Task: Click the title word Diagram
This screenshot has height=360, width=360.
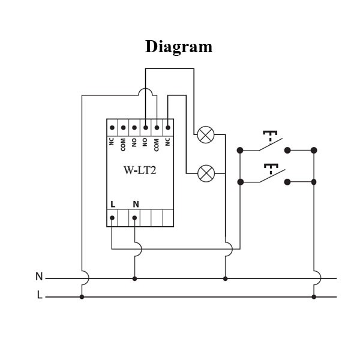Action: (x=179, y=47)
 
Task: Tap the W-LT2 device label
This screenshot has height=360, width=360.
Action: (x=140, y=170)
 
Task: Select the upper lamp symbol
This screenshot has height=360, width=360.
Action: (x=206, y=134)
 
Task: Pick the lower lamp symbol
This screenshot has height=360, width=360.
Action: (x=206, y=174)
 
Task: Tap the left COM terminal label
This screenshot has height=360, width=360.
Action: (x=123, y=144)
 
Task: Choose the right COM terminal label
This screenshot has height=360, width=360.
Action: (x=157, y=144)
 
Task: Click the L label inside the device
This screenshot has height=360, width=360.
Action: (x=113, y=204)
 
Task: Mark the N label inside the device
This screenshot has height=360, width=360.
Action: (x=136, y=204)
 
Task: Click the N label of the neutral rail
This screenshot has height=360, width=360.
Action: (x=39, y=277)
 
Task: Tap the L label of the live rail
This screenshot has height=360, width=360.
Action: (x=40, y=296)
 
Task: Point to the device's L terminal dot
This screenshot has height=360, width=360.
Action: (x=112, y=218)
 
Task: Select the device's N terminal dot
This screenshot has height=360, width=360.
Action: (x=134, y=218)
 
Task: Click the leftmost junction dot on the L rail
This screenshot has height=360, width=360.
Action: (x=82, y=296)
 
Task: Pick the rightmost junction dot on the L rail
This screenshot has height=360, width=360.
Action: (x=314, y=296)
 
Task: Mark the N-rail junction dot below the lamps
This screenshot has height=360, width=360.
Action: (x=225, y=278)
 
